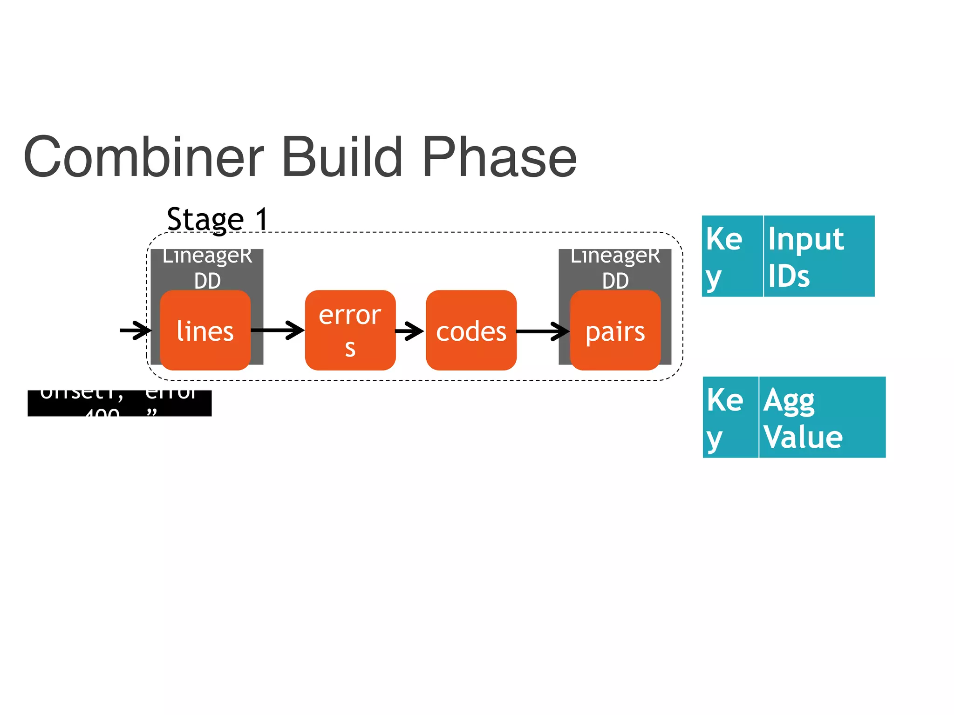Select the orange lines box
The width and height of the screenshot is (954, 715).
tap(205, 331)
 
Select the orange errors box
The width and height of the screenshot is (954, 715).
tap(350, 331)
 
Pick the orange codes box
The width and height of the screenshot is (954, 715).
tap(471, 331)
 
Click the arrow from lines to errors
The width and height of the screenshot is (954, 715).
tap(278, 331)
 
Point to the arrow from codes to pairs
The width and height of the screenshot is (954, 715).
tap(543, 331)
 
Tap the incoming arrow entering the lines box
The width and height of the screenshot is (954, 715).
tap(135, 331)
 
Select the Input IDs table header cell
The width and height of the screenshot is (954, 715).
tap(818, 256)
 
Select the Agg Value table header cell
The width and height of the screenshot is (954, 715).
tap(822, 417)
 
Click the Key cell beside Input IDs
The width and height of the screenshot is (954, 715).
tap(732, 256)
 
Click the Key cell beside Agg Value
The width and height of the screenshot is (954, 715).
tap(730, 417)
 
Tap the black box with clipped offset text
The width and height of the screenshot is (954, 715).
tap(120, 403)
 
